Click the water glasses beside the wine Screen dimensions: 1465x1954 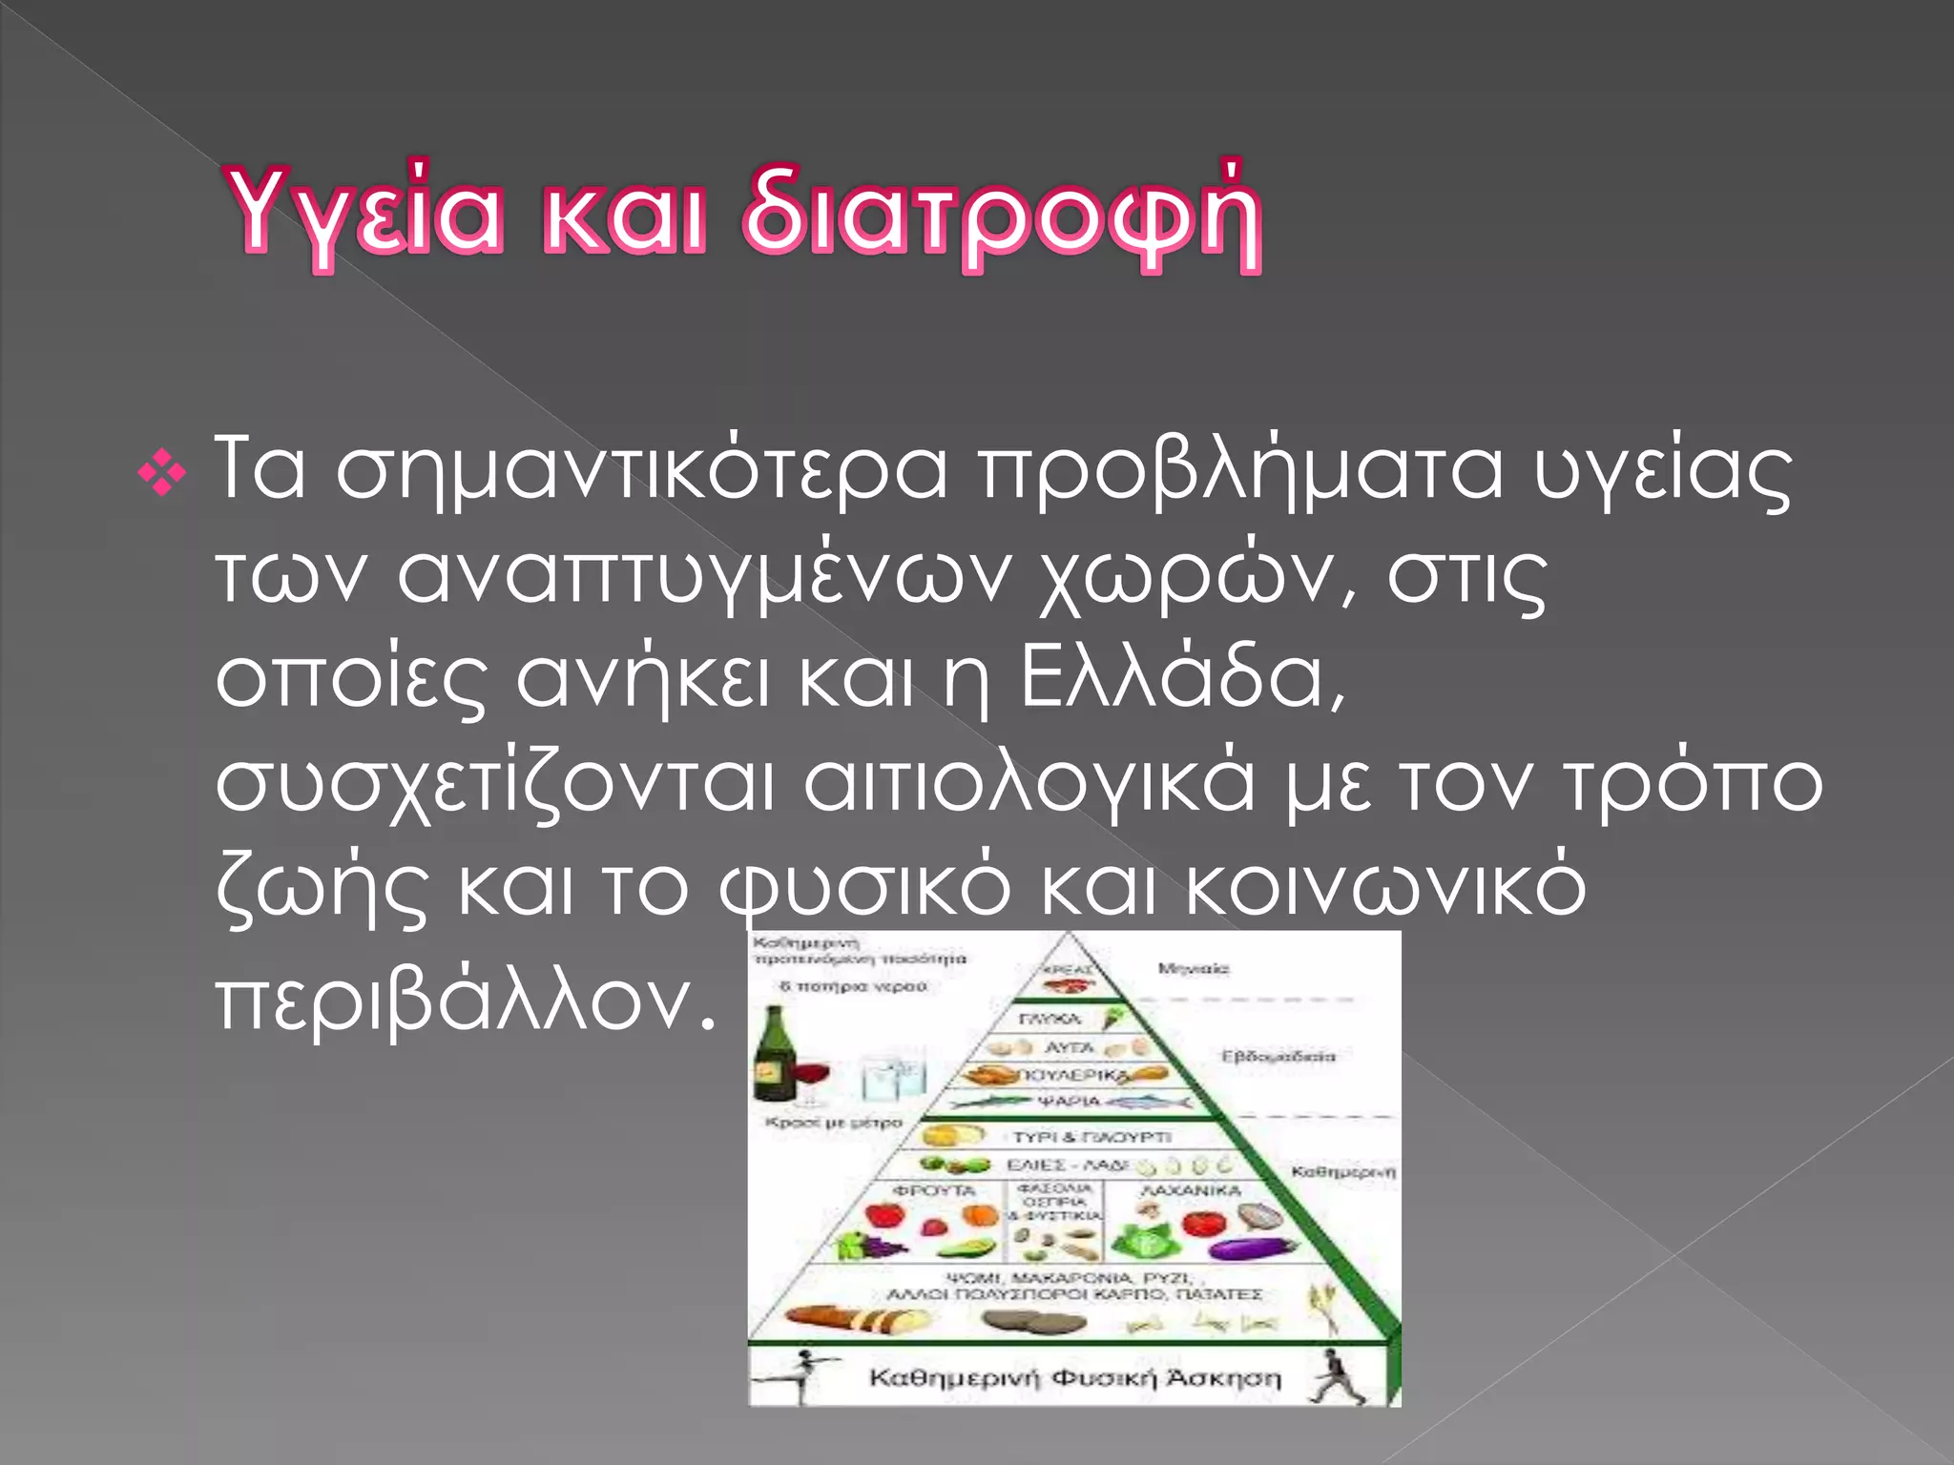(x=892, y=1078)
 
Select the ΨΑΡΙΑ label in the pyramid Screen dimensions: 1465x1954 (x=1070, y=1102)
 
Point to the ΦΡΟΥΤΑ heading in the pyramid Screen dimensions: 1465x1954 (x=934, y=1191)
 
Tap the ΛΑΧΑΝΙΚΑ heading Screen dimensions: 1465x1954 (x=1191, y=1191)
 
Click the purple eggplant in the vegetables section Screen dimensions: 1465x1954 (x=1250, y=1247)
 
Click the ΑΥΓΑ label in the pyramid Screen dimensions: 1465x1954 (x=1068, y=1047)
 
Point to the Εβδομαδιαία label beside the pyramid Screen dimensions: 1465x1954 (x=1278, y=1057)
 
